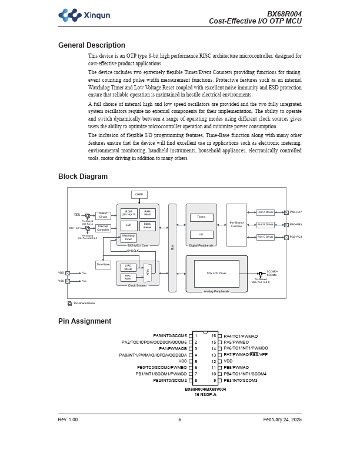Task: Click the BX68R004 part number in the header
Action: point(284,14)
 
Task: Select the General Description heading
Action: point(91,45)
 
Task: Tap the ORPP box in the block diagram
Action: point(139,194)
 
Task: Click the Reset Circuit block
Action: point(103,215)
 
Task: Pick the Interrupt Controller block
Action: point(103,228)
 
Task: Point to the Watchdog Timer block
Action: point(128,237)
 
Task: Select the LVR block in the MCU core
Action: point(129,225)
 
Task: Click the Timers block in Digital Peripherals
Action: point(201,217)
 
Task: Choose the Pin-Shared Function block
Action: point(236,225)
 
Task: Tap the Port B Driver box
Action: point(265,225)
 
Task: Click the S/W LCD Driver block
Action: point(216,273)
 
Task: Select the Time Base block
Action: point(103,265)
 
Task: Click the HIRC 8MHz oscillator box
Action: point(128,277)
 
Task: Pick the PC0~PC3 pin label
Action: point(296,237)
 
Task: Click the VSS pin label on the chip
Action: point(183,361)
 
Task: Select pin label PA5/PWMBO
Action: point(236,342)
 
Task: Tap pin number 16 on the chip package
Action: point(214,336)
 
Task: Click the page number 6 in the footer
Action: point(180,420)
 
